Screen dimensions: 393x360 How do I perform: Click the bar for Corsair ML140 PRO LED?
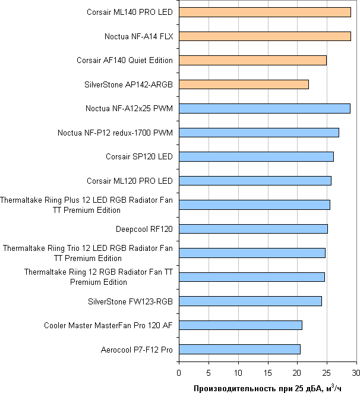click(x=264, y=12)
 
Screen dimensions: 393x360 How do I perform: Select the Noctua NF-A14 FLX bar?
click(x=264, y=36)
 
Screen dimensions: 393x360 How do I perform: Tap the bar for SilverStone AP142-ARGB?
click(x=244, y=84)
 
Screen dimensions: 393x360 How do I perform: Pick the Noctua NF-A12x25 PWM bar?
click(x=264, y=108)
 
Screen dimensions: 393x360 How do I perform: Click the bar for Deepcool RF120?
click(x=253, y=228)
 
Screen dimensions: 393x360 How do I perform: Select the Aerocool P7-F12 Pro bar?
click(x=239, y=349)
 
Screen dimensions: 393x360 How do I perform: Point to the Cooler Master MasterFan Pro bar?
click(x=240, y=325)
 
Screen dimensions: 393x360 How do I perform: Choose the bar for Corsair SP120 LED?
click(x=256, y=156)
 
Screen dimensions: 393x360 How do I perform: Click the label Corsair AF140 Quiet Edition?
click(x=125, y=60)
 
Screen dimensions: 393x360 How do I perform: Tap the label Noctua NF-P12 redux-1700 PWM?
click(x=115, y=133)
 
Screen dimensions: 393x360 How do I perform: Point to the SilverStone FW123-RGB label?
click(x=130, y=301)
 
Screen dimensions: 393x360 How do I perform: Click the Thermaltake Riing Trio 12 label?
click(x=88, y=253)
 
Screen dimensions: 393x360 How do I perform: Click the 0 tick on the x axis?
click(x=179, y=372)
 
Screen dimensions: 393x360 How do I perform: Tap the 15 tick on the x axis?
click(x=267, y=372)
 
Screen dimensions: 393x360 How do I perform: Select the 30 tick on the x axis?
click(x=356, y=372)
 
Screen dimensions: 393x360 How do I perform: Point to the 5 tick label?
click(x=209, y=372)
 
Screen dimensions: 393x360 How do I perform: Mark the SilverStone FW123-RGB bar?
click(x=250, y=301)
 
